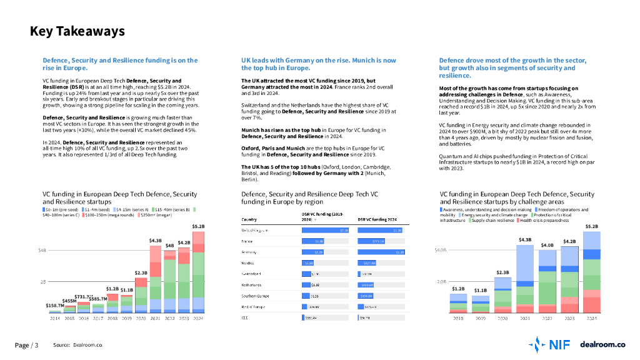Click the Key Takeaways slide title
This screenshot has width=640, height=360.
77,31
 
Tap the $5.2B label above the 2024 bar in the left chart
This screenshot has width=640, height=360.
197,226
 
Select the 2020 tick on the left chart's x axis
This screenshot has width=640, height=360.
141,318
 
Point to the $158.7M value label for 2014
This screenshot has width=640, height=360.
54,306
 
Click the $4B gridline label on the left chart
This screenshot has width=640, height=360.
42,251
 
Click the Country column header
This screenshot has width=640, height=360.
249,219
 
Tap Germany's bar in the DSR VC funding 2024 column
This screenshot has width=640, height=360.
381,252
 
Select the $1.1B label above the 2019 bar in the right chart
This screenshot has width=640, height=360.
480,291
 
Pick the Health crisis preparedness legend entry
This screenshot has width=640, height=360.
543,221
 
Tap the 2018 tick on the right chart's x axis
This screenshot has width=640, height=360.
458,318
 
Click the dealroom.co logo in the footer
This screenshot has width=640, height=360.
602,344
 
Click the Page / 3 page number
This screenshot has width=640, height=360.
26,345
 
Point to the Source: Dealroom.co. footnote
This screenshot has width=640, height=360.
78,345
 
